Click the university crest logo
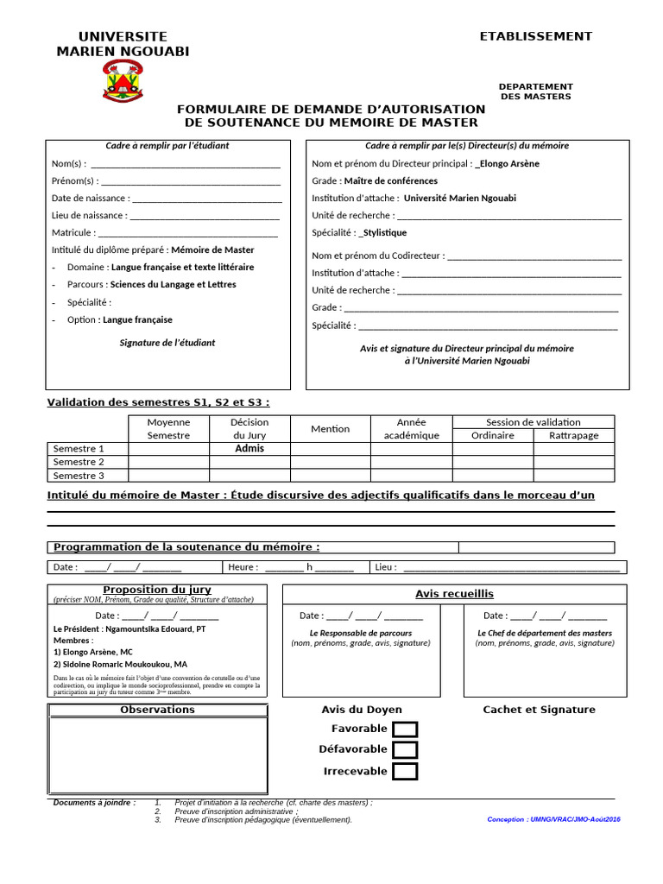tap(123, 80)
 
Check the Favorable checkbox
tap(405, 729)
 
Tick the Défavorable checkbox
tap(405, 750)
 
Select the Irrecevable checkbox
tap(405, 772)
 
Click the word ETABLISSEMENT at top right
tap(536, 36)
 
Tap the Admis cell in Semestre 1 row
tap(249, 449)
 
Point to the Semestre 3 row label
tap(79, 476)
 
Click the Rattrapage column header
tap(573, 436)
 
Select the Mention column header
tap(331, 429)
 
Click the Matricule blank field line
tap(187, 234)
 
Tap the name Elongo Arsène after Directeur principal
tap(509, 163)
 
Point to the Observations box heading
tap(157, 710)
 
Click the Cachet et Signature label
tap(539, 710)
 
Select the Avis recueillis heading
tap(454, 594)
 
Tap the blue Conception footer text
tap(553, 819)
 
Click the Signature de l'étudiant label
tap(167, 343)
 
